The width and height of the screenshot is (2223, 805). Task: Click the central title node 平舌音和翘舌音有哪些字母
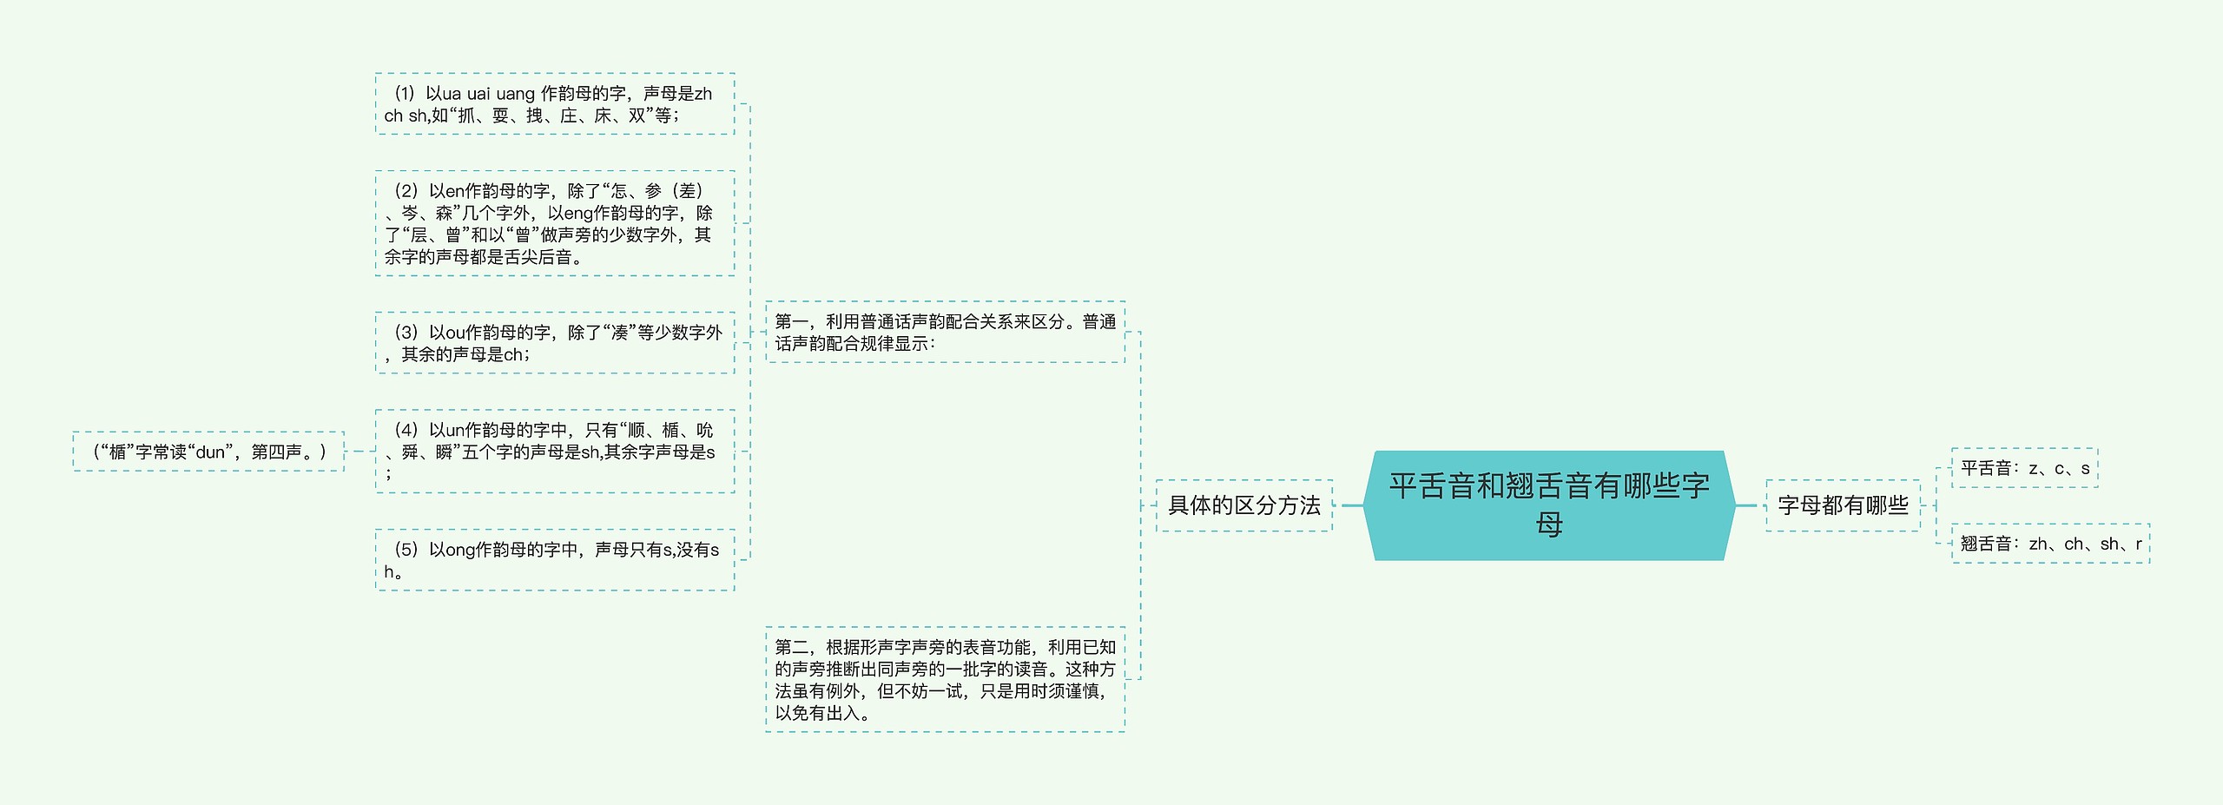[1549, 505]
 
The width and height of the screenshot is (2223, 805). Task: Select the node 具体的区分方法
[1243, 505]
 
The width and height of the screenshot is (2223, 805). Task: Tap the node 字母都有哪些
[1843, 505]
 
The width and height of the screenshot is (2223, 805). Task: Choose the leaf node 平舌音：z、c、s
[2024, 468]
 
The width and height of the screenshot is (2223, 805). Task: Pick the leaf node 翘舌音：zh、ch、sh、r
[2050, 544]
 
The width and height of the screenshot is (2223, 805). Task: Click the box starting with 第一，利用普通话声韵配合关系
[945, 332]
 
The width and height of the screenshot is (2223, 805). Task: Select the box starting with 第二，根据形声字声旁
[945, 679]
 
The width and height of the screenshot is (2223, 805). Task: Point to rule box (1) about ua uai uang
[555, 104]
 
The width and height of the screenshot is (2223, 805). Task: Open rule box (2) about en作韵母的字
[555, 223]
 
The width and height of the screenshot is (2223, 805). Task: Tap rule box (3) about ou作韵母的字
[555, 343]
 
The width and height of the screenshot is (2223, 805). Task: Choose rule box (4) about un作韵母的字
[555, 451]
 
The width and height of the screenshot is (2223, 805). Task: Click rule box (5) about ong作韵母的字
[555, 560]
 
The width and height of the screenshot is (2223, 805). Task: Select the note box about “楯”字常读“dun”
[208, 452]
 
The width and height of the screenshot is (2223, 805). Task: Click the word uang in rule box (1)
[515, 94]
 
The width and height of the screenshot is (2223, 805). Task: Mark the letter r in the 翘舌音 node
[2138, 544]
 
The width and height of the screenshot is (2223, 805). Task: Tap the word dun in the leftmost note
[211, 452]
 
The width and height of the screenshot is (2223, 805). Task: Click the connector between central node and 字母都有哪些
[1745, 505]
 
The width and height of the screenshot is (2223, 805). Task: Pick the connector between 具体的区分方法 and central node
[1351, 505]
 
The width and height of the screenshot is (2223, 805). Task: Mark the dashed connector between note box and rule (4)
[360, 452]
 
